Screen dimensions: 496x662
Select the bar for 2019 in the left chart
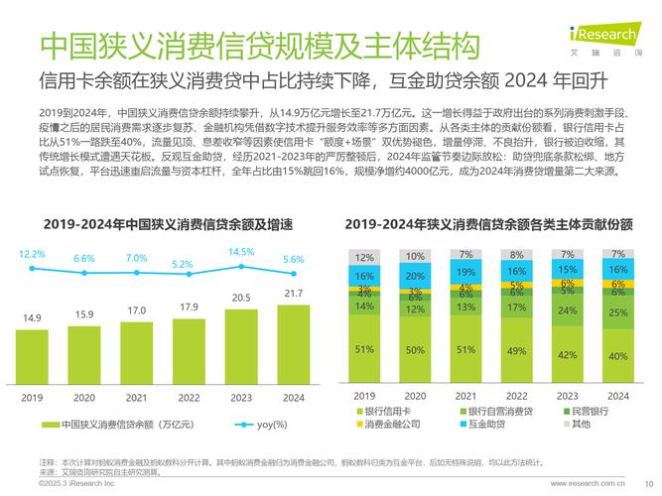(x=33, y=353)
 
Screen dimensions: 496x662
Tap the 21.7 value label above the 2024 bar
(x=294, y=294)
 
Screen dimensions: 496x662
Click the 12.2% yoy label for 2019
(x=33, y=254)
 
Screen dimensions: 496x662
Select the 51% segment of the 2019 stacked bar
(x=365, y=349)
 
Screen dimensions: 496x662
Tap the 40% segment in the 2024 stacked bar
(x=617, y=355)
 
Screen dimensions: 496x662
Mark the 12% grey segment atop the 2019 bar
(x=365, y=257)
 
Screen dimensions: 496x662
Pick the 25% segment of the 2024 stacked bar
(x=617, y=311)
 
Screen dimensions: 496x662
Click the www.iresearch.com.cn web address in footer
(x=586, y=483)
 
